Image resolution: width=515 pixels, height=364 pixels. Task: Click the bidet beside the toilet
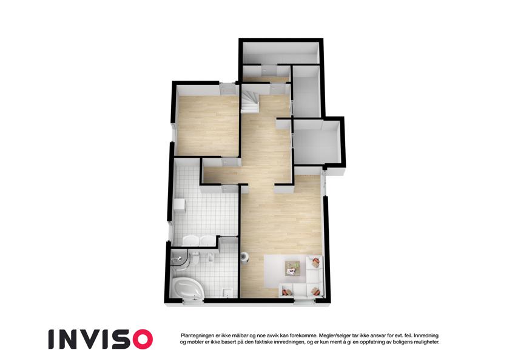pos(210,258)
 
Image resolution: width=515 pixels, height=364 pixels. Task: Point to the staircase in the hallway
pos(251,101)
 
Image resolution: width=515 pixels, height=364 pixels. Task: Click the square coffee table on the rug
pos(292,268)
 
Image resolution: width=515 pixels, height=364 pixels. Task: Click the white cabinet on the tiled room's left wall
pos(180,206)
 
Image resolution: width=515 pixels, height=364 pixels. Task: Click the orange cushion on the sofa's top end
pos(315,263)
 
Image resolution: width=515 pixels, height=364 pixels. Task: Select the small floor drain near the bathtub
pos(227,292)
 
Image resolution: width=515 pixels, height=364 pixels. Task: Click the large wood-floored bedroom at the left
pos(207,125)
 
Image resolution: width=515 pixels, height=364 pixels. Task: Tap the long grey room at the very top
pos(281,53)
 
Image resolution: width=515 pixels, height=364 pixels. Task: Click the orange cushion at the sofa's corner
pos(315,291)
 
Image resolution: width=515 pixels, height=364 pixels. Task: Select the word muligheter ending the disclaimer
pos(425,342)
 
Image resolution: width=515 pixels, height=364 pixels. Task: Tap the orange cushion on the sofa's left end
pos(287,291)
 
